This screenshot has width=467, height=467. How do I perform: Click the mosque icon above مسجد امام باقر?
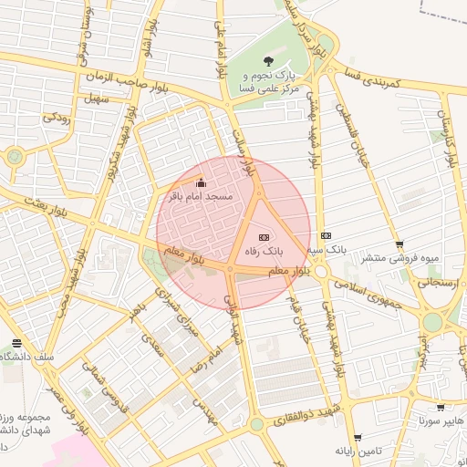pyautogui.click(x=202, y=182)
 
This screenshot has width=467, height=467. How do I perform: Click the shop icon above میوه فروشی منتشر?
pyautogui.click(x=400, y=244)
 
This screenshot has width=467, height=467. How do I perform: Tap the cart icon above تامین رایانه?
pyautogui.click(x=357, y=438)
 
